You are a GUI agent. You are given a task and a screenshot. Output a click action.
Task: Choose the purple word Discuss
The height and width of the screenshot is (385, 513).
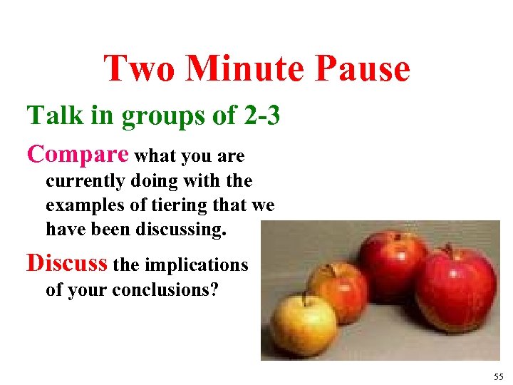(67, 264)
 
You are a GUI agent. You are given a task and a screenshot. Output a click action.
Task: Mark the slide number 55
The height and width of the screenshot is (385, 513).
(497, 376)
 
